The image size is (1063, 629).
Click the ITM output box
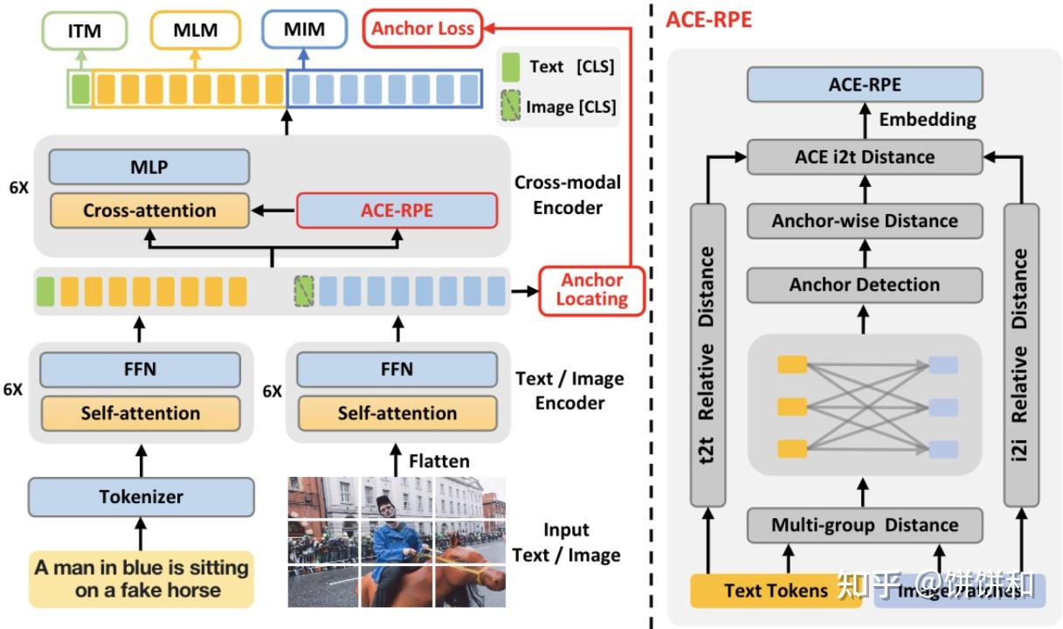tap(85, 31)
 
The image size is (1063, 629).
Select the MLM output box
tap(195, 31)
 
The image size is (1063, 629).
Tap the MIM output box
tap(304, 30)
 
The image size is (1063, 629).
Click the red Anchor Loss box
tap(422, 29)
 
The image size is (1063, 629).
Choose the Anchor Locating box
tap(593, 290)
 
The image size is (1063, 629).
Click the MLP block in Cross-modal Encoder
tap(149, 167)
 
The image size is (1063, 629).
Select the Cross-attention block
tap(149, 211)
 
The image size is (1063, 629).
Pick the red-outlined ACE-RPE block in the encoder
tap(397, 211)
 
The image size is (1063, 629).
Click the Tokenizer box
tap(141, 497)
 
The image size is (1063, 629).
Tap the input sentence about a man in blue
tap(141, 578)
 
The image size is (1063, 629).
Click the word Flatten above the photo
tap(438, 460)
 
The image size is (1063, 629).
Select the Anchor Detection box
tap(864, 285)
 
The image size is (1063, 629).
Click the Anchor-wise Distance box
tap(864, 221)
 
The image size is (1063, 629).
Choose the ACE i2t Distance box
tap(864, 157)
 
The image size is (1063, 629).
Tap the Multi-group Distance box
tap(864, 525)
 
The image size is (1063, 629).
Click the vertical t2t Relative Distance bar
tap(708, 355)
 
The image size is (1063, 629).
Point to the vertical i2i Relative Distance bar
tap(1020, 355)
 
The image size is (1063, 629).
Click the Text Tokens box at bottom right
tap(776, 591)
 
